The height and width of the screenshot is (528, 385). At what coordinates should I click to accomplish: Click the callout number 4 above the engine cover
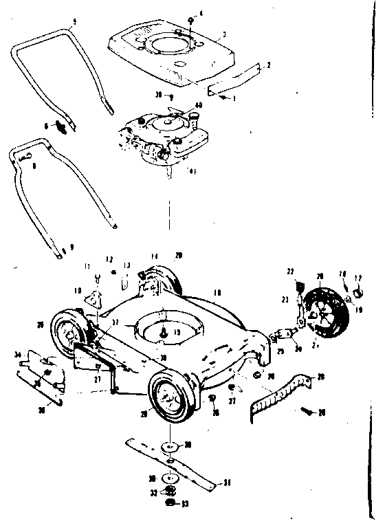pos(201,13)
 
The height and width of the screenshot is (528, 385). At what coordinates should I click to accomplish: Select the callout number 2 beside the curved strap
pos(268,65)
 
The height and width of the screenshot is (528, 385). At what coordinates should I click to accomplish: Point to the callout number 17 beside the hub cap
pos(357,278)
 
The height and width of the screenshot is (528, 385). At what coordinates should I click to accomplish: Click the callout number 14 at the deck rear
pos(155,255)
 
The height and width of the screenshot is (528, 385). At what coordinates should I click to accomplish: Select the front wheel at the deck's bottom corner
pos(170,398)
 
